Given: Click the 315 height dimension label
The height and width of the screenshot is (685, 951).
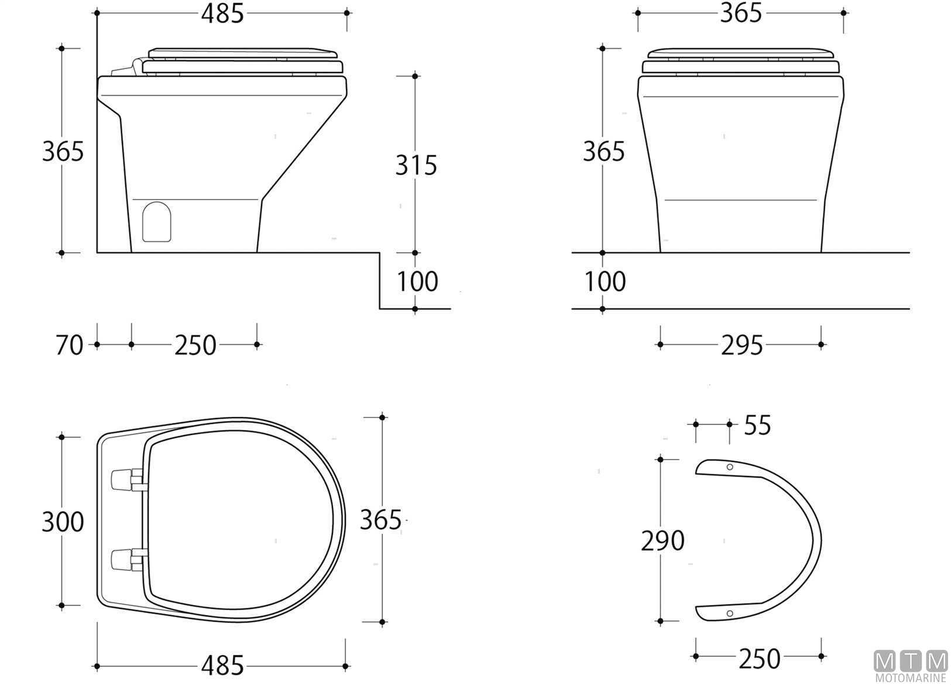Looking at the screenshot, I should point(416,166).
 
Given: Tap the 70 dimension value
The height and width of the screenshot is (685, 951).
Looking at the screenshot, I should point(70,345).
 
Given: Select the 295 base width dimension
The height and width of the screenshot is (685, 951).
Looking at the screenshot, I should point(741,345).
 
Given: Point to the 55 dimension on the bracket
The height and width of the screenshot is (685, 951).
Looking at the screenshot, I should point(757,425).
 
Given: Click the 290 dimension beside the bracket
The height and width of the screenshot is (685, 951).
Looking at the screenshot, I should point(662,541).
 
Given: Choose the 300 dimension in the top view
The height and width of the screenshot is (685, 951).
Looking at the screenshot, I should point(63,522).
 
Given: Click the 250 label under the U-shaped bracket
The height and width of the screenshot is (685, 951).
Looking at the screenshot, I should point(759,659).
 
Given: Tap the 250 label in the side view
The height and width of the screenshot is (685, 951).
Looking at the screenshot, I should point(195,345).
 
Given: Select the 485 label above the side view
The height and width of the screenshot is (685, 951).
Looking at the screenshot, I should point(222,13).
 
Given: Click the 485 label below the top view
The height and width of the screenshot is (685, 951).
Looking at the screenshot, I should point(222,666).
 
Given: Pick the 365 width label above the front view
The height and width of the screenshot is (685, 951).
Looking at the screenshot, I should point(741,13).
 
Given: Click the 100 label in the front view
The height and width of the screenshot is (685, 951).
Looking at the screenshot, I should point(605,282).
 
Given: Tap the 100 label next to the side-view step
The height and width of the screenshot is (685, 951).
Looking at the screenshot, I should point(417,282).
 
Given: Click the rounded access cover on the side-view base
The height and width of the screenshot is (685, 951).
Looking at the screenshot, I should point(157,222).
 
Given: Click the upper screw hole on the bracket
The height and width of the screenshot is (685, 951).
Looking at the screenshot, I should point(729,467).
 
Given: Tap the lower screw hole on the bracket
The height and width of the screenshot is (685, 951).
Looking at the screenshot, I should point(729,613).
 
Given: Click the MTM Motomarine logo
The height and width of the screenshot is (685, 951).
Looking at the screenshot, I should point(911,666).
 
